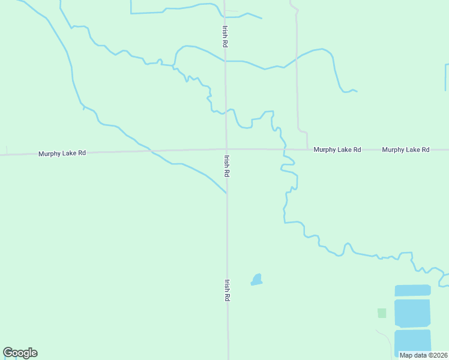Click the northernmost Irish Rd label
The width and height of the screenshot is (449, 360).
(x=224, y=36)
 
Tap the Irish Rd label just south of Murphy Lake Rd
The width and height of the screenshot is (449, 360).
(x=227, y=166)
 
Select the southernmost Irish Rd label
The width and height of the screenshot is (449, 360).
(x=228, y=290)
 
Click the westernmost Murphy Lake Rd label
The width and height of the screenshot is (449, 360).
(x=62, y=153)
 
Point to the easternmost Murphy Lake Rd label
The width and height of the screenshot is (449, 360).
(x=406, y=149)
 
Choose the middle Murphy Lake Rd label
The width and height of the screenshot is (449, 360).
(x=337, y=149)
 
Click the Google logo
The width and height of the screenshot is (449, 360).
(x=20, y=353)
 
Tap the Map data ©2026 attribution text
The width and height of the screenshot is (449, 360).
(x=423, y=355)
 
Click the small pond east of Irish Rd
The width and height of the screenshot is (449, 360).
(x=257, y=280)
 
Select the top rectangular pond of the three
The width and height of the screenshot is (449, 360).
(x=412, y=290)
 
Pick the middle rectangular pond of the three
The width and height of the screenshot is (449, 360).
(x=412, y=313)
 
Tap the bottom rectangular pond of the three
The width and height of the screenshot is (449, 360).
(x=412, y=340)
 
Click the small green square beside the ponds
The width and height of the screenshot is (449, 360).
(x=382, y=313)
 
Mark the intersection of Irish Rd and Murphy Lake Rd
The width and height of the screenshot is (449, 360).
(x=226, y=149)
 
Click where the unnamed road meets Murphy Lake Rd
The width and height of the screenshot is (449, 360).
(x=307, y=149)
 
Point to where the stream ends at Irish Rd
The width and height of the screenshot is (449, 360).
(x=226, y=193)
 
